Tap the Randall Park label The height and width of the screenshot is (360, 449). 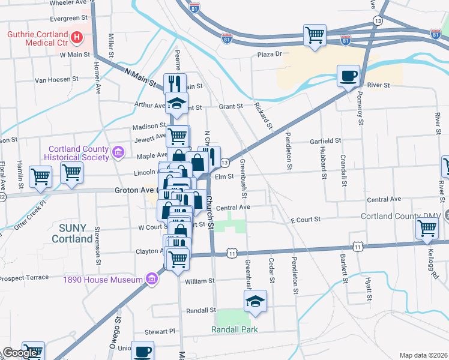click(234, 329)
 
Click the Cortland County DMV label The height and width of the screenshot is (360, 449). click(401, 216)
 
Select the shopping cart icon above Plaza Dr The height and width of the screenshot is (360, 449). click(315, 35)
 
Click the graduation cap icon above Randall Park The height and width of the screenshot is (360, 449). click(256, 301)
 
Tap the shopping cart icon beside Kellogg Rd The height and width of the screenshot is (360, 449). click(427, 229)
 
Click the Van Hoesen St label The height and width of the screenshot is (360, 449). click(57, 79)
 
